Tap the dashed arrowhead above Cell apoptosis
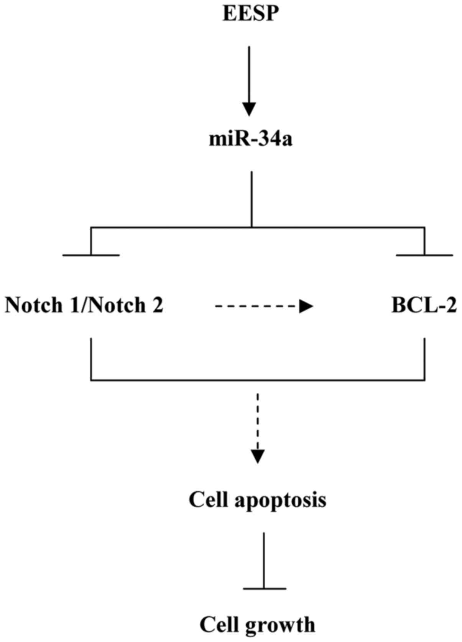click(x=258, y=456)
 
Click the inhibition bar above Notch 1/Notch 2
click(x=91, y=255)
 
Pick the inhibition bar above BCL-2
click(x=424, y=255)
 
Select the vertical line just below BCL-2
click(x=424, y=359)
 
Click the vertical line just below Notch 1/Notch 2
click(x=91, y=359)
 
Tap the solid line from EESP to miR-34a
click(x=250, y=73)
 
